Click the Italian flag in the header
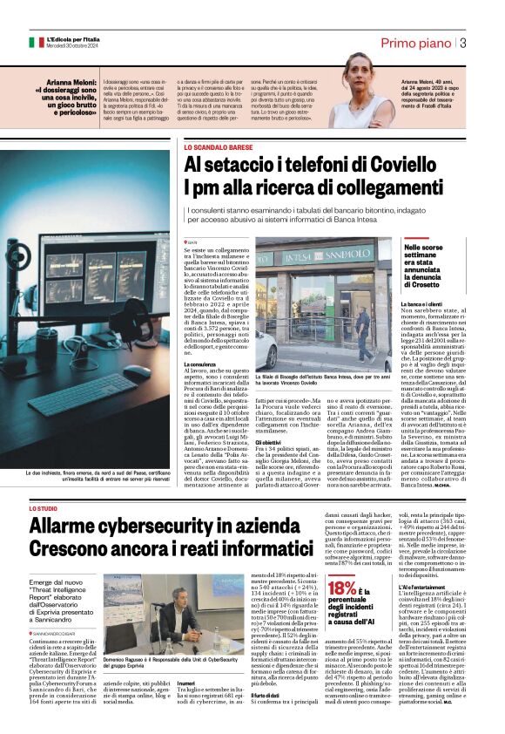coord(36,42)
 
